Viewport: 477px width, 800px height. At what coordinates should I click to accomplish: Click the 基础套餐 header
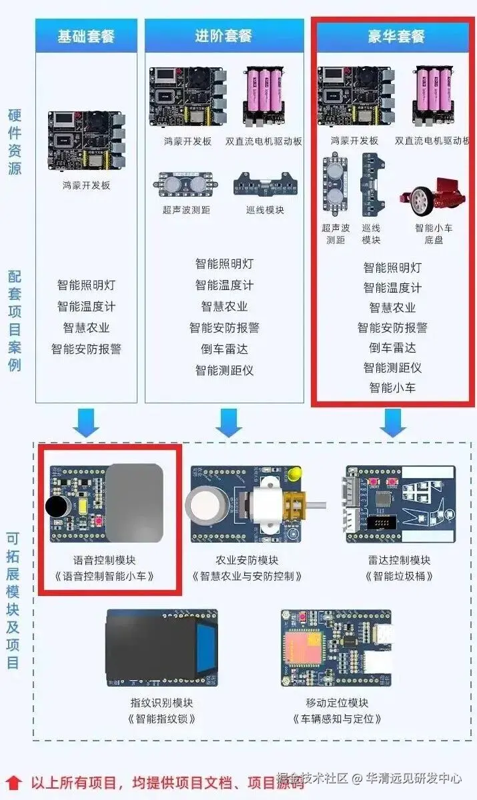click(86, 36)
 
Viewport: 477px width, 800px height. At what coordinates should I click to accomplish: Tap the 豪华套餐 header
click(396, 36)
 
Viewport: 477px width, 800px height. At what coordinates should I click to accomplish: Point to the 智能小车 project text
click(392, 387)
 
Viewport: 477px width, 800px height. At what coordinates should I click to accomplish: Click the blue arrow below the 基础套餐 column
click(86, 422)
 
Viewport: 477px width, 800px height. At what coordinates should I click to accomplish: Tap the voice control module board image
click(107, 503)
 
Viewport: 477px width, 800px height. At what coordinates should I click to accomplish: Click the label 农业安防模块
click(248, 560)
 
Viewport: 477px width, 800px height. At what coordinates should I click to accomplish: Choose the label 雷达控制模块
click(399, 560)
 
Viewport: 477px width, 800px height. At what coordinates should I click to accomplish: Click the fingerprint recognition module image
click(161, 647)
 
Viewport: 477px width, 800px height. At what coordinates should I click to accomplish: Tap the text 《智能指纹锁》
click(161, 719)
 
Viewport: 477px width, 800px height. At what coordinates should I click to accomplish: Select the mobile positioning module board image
click(336, 647)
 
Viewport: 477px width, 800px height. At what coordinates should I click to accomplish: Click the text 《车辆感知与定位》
click(336, 719)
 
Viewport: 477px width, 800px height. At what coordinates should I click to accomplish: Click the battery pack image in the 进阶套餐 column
click(264, 95)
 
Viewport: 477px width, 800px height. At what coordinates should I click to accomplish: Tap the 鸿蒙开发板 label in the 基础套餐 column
click(86, 185)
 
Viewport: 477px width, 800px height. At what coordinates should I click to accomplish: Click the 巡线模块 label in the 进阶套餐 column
click(265, 210)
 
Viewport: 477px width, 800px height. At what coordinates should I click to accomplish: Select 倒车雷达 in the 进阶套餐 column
click(224, 349)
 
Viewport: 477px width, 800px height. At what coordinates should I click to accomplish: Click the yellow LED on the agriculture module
click(294, 475)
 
